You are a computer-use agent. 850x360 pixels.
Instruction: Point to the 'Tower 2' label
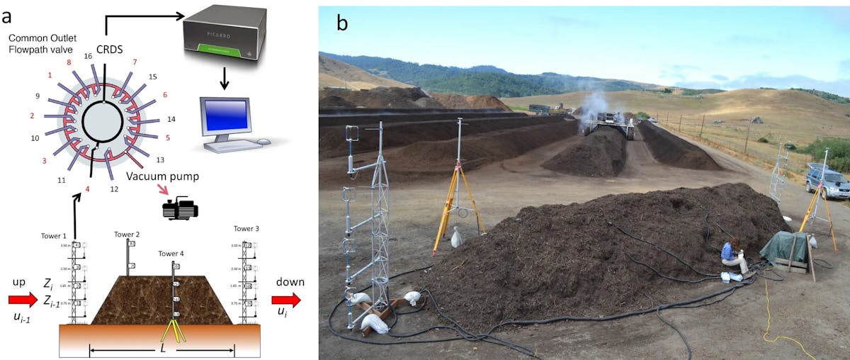[x=126, y=234]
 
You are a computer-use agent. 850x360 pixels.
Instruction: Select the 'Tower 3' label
[x=246, y=229]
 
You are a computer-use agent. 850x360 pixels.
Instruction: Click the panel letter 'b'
[x=342, y=23]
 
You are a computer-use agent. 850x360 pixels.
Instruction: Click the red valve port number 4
[x=87, y=189]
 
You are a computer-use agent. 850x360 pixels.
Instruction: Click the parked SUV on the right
[x=827, y=183]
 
